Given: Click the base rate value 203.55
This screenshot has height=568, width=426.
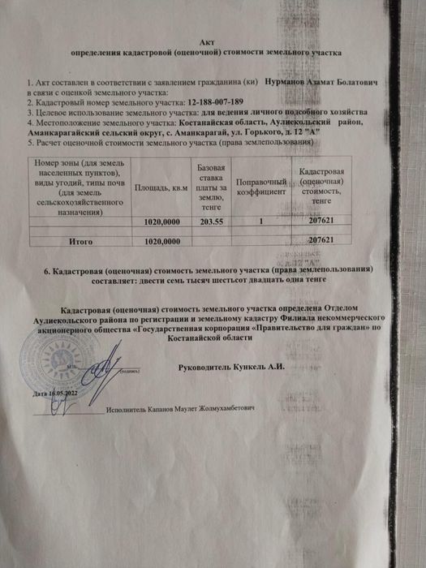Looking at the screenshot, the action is tap(211, 221).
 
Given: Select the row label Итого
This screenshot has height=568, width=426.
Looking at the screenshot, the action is tap(79, 241).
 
